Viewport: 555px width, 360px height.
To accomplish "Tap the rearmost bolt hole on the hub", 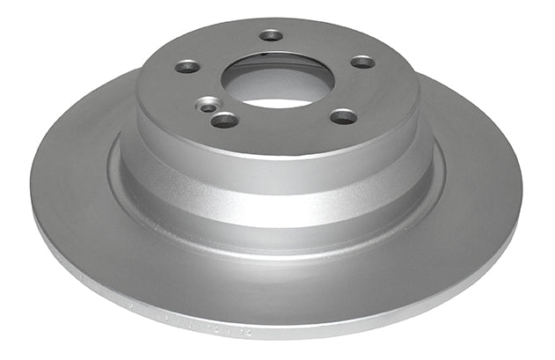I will pyautogui.click(x=271, y=35).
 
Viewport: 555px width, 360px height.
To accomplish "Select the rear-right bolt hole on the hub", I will pyautogui.click(x=362, y=62).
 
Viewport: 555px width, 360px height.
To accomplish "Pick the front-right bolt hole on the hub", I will pyautogui.click(x=344, y=115).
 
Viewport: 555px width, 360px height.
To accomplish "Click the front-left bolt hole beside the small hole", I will pyautogui.click(x=225, y=119).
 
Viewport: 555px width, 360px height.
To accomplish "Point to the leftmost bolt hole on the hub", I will pyautogui.click(x=186, y=67).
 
